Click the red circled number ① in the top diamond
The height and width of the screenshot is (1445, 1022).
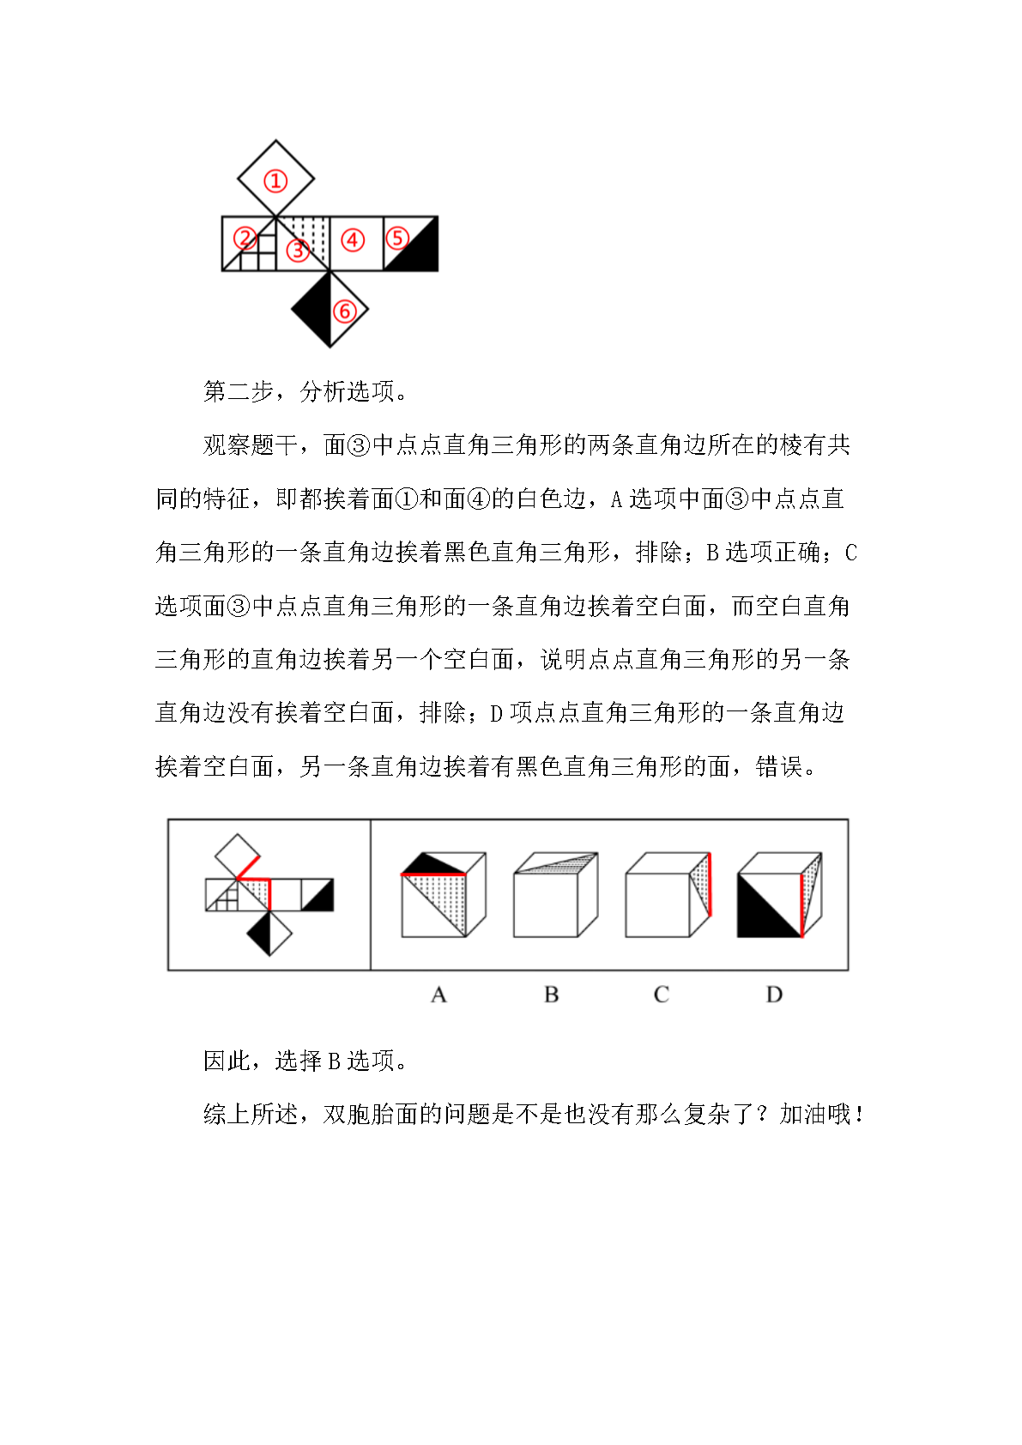coord(275,181)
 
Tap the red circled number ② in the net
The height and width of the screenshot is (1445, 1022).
coord(245,238)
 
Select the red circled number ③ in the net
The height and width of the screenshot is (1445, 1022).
coord(298,250)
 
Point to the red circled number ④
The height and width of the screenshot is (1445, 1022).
coord(353,240)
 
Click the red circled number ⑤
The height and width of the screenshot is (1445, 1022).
coord(396,238)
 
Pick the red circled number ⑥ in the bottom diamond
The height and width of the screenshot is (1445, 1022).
coord(344,311)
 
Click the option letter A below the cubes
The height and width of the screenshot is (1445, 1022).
coord(438,995)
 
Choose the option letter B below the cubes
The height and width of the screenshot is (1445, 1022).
coord(551,995)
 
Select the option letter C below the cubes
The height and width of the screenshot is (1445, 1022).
coord(661,995)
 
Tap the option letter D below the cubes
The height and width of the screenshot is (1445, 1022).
coord(774,995)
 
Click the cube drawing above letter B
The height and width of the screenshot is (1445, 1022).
coord(554,895)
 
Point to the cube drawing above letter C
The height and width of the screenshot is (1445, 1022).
coord(668,895)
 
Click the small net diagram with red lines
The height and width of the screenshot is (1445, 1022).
coord(269,895)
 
